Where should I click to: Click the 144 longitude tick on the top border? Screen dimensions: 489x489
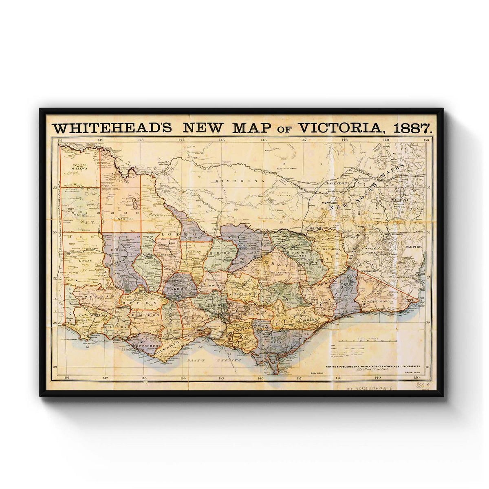181,140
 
